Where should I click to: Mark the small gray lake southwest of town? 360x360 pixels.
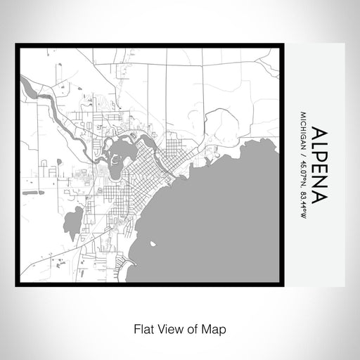tap(72, 223)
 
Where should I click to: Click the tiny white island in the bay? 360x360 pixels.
tap(152, 245)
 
